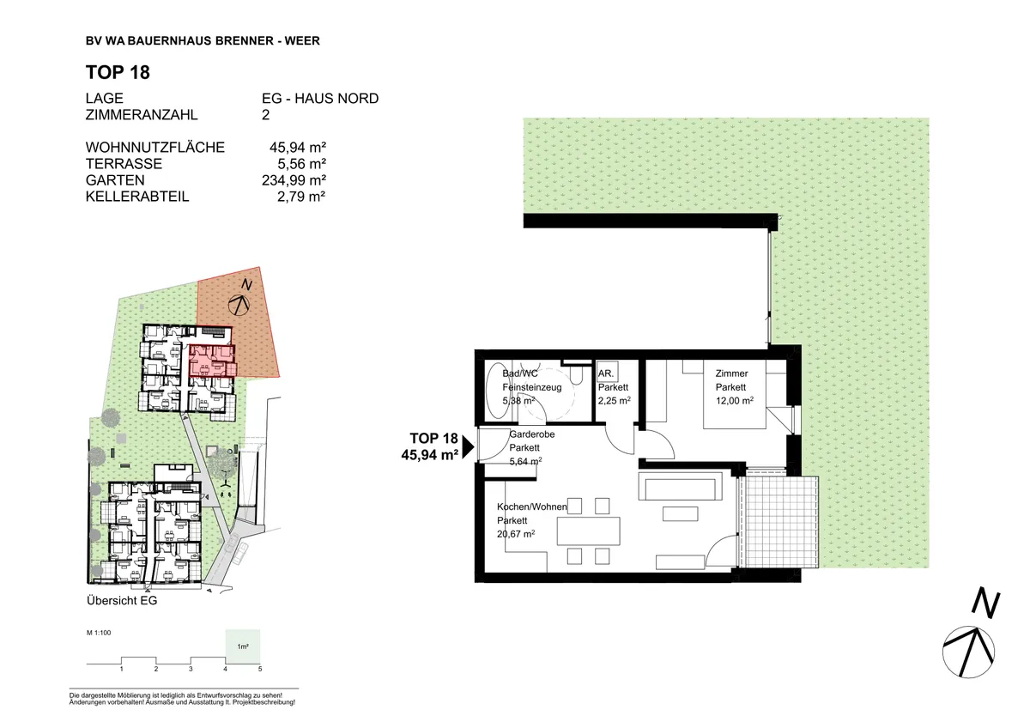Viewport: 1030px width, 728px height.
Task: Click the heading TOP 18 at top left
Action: pos(118,72)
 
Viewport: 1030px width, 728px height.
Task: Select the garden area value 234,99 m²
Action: pos(294,180)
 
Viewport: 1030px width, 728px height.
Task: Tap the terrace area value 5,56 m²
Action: pos(301,164)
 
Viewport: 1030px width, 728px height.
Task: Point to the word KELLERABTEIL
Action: pos(137,197)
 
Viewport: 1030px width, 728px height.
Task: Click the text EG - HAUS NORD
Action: pos(320,99)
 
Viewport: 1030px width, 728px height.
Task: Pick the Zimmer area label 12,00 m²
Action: pos(735,401)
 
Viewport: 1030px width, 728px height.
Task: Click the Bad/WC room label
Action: pos(519,373)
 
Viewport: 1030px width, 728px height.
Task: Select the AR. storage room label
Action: pos(606,373)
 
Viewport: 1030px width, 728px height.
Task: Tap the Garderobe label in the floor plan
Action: pos(531,434)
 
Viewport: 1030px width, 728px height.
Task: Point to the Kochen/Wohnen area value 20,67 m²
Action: pos(516,534)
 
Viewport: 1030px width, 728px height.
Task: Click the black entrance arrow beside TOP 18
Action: pos(468,447)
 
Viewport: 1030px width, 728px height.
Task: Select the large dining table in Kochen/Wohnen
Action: pos(588,531)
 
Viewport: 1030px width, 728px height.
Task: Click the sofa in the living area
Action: pos(680,486)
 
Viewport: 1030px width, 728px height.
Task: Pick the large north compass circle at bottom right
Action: pos(968,652)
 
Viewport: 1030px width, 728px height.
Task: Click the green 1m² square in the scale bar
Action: pos(243,646)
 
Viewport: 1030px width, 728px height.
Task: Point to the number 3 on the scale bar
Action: pos(191,669)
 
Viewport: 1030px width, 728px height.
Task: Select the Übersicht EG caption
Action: pos(122,601)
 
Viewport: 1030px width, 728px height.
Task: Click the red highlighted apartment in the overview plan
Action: pos(213,361)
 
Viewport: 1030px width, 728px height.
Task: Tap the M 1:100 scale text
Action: pos(99,633)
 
